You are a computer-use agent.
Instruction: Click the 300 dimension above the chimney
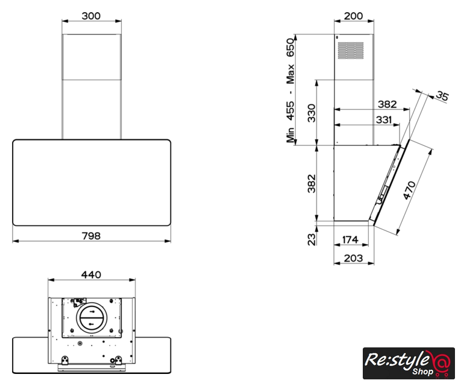91,16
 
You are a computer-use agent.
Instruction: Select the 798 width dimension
91,236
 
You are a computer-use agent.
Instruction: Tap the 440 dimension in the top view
91,274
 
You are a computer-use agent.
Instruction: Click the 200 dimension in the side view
353,16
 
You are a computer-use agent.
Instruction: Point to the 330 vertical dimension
312,113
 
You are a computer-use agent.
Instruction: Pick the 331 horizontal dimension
384,120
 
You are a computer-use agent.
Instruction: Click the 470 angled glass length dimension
409,191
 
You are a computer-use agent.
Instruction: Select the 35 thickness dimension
442,96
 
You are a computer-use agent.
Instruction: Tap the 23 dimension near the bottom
312,239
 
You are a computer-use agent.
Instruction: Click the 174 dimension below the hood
350,239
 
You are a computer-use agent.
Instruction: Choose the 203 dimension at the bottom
353,258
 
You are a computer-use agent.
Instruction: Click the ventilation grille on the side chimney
351,50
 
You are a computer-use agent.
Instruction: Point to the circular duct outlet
92,318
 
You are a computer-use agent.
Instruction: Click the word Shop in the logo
422,372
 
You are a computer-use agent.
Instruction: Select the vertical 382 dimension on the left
312,183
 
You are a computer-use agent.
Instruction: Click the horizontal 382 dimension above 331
387,104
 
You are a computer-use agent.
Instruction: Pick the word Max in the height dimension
290,74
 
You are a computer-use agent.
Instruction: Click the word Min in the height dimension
290,135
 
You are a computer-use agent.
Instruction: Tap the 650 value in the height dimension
290,48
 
